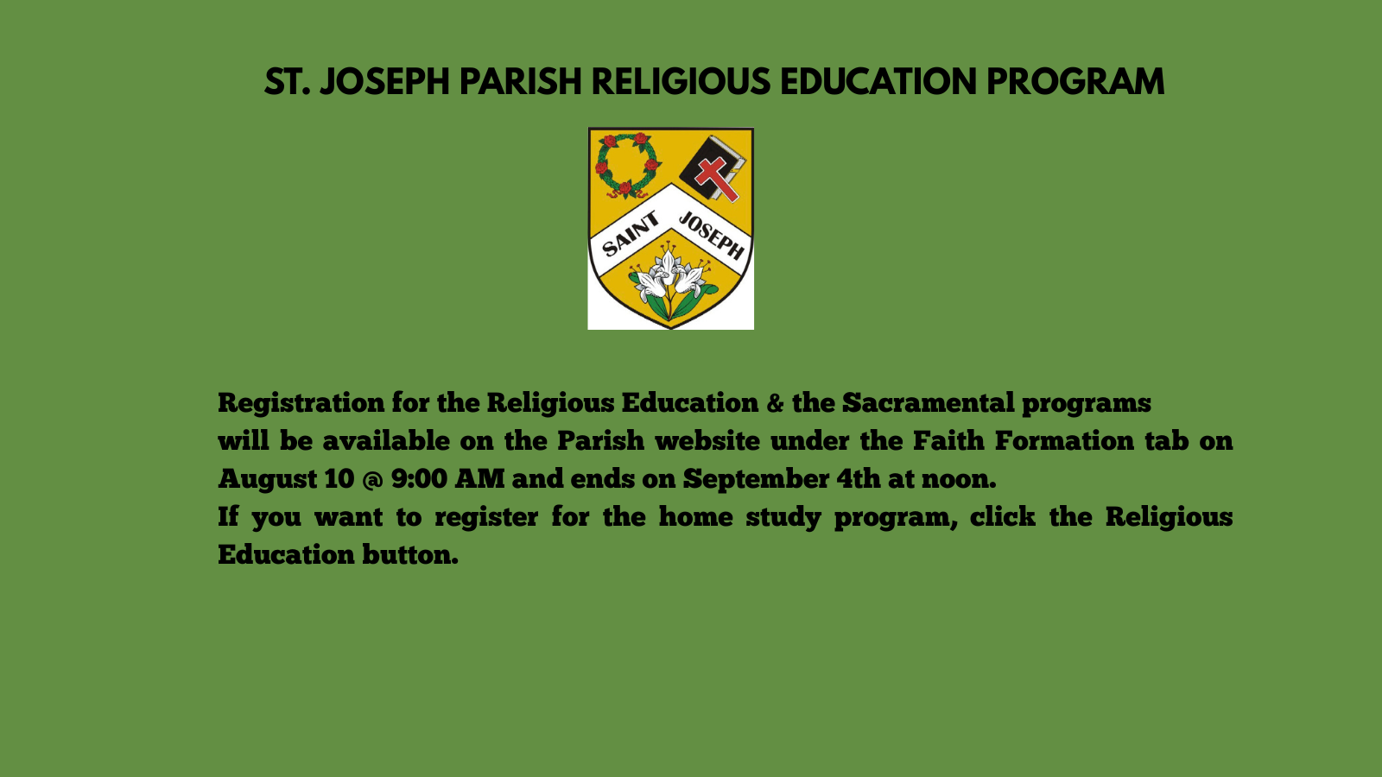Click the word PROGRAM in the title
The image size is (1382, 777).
(1075, 82)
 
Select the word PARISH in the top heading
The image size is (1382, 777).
(521, 82)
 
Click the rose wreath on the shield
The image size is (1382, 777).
(627, 165)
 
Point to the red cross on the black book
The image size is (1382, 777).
(716, 179)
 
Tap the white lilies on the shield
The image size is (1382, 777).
(670, 281)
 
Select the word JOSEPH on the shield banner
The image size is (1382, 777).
(712, 235)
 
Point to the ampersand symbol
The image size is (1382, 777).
(775, 403)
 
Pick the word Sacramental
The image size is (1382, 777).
(928, 402)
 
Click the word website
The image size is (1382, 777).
(707, 441)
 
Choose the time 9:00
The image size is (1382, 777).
(419, 479)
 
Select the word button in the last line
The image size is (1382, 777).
(410, 555)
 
